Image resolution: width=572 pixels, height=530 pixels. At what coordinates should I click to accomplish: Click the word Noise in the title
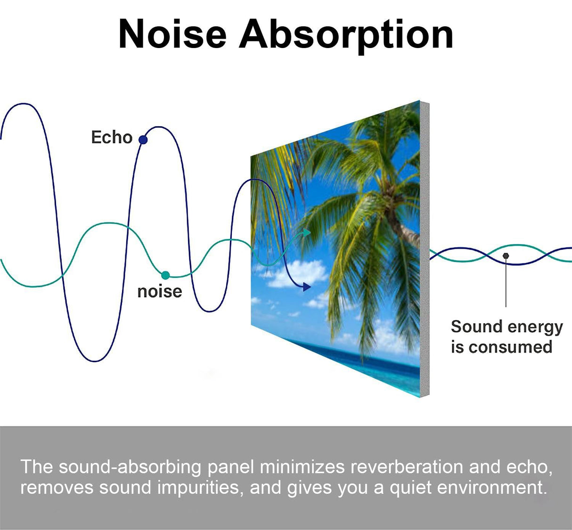point(172,34)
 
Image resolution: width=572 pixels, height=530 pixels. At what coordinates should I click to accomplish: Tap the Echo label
point(112,138)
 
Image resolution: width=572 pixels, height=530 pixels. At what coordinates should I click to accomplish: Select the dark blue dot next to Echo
point(143,139)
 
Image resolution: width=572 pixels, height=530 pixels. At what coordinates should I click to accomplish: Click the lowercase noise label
point(159,291)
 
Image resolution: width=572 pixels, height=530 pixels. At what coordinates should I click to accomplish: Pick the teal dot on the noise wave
point(165,275)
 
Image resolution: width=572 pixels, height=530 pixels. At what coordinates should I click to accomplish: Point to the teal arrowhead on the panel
point(307,232)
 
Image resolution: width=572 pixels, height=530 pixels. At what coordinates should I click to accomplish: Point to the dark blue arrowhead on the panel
point(307,286)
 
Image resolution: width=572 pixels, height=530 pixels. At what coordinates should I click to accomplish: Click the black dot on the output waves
point(506,256)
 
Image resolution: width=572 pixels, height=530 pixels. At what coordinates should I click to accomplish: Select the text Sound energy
point(507,326)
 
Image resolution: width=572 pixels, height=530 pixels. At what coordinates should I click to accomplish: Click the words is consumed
point(501,347)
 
